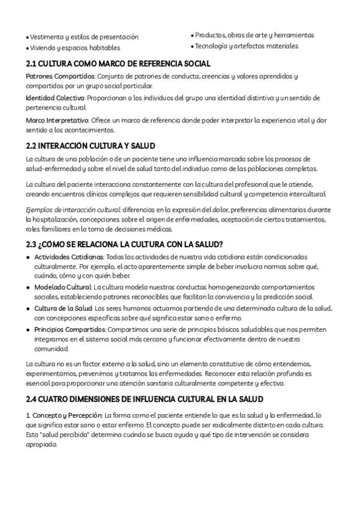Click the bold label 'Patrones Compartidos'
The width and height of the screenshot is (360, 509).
coord(60,76)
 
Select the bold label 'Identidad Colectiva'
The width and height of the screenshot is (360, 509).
coord(56,97)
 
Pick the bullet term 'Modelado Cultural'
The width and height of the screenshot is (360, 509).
coord(58,288)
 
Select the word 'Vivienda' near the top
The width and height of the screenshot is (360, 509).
coord(42,47)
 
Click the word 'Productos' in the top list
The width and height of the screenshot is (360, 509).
coord(209,36)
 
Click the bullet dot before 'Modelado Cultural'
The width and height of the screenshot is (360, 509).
coord(28,288)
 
